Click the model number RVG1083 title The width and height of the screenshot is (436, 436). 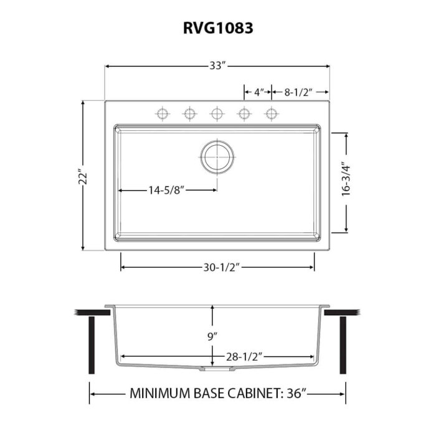(217, 28)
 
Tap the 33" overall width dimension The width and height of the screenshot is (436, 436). (217, 66)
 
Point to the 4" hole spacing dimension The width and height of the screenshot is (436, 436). (257, 92)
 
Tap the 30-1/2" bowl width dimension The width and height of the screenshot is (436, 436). (217, 267)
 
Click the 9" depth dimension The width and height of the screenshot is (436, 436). (213, 336)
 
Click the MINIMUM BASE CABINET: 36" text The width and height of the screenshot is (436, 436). (217, 394)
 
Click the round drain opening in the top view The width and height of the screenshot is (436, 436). (217, 156)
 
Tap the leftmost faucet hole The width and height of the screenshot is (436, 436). (162, 113)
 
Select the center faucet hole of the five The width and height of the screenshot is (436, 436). (217, 113)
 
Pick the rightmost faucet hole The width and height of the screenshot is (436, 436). (271, 113)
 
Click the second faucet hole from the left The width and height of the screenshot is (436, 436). (189, 113)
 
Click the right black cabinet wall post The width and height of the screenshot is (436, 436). (343, 344)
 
